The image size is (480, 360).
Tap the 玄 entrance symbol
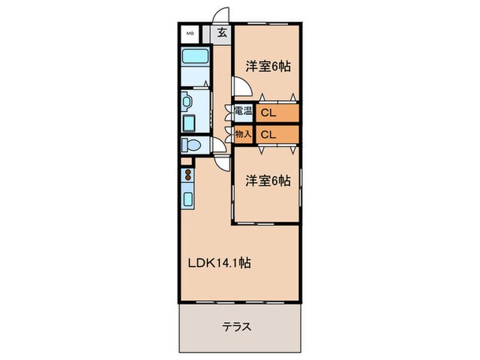pos(222,32)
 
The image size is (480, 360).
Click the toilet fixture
pos(191,145)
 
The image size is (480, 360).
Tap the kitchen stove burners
pos(188,175)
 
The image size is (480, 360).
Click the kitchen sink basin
pos(188,200)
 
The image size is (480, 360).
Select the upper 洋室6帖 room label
pos(268,67)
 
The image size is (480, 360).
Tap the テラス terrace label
pos(237,327)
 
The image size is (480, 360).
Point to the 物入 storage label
pos(243,133)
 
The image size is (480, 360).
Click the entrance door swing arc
pos(220,16)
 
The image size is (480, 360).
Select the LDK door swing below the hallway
pos(221,162)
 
